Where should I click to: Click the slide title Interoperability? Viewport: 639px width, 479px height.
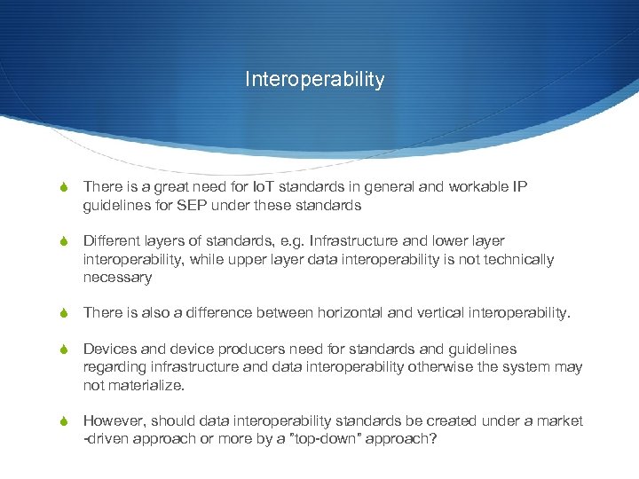(x=315, y=80)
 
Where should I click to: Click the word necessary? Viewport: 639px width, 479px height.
(x=117, y=278)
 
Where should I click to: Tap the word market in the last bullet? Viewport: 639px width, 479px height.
(x=561, y=420)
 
